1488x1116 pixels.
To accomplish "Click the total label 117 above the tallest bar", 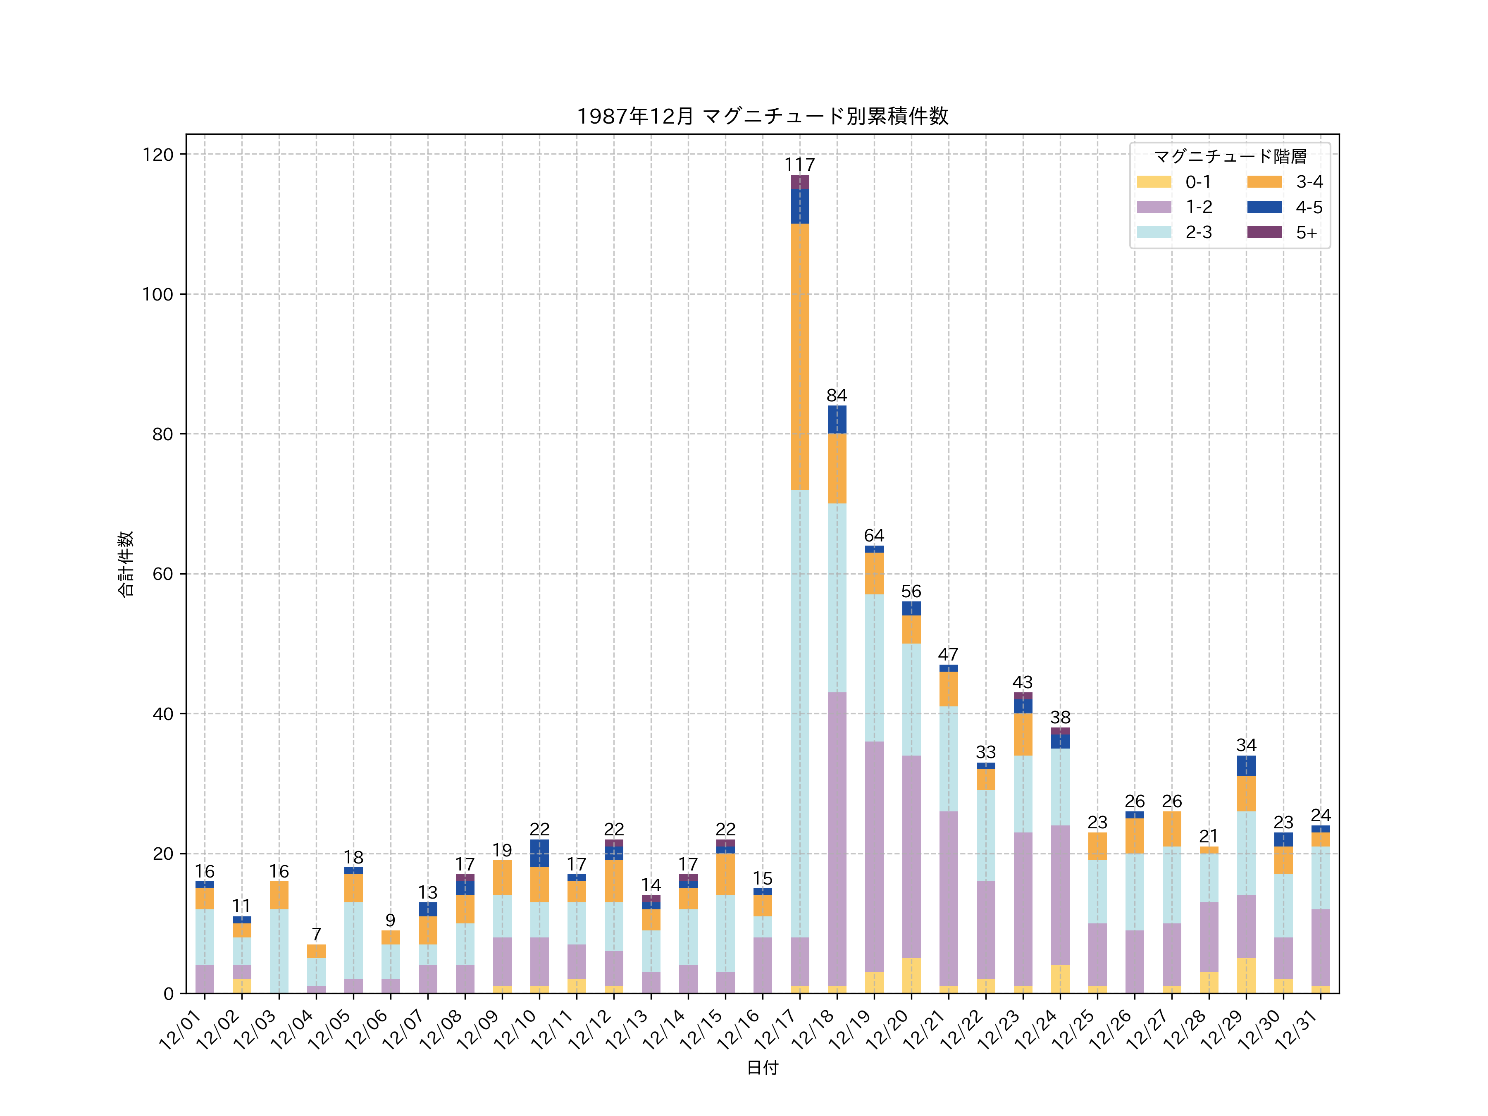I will [800, 165].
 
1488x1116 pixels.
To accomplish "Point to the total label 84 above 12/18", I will [837, 396].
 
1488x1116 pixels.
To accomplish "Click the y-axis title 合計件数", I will [126, 564].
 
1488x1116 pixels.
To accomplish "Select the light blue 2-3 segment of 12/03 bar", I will [279, 951].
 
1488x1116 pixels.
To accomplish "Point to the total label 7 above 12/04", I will [316, 935].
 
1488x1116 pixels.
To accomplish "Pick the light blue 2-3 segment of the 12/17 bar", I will [800, 713].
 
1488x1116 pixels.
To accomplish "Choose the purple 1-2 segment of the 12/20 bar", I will [911, 856].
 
